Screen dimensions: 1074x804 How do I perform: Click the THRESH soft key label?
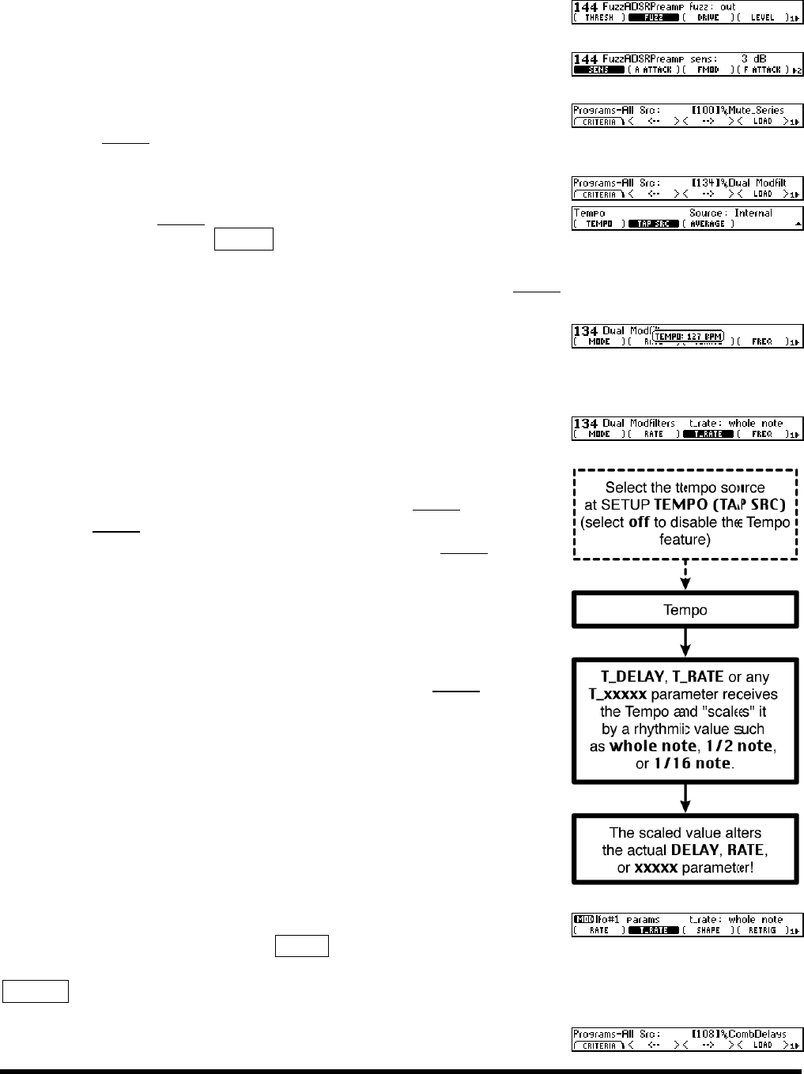click(x=598, y=17)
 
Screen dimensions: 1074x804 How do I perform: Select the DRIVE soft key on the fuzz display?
click(x=708, y=17)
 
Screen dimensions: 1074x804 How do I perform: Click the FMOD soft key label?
click(x=708, y=70)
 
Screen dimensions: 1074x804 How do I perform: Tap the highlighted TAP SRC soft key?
click(x=654, y=224)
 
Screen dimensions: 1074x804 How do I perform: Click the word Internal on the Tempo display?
click(x=753, y=213)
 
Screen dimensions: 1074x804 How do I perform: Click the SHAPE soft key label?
click(x=708, y=930)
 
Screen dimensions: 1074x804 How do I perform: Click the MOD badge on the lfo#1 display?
click(x=581, y=920)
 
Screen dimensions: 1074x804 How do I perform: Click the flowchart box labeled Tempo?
click(x=685, y=610)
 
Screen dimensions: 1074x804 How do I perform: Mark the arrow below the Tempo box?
click(x=685, y=639)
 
